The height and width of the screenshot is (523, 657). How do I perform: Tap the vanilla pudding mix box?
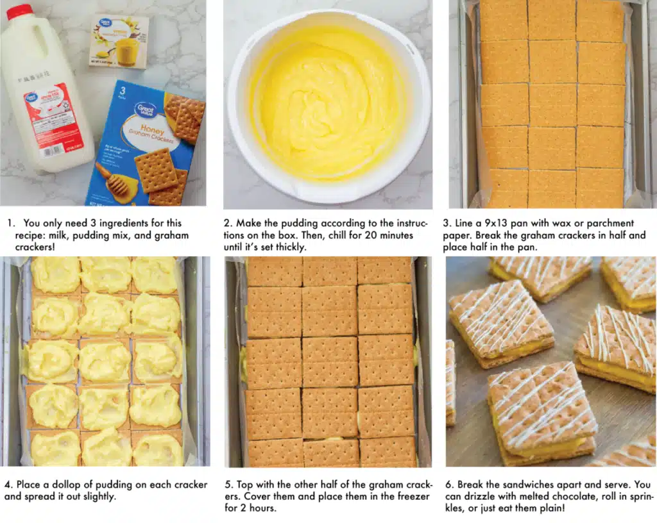click(119, 41)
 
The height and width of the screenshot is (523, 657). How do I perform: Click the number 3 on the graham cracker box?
click(123, 91)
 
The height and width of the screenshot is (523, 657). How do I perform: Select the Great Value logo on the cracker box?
click(145, 110)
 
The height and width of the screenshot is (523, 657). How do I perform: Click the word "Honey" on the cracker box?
click(152, 128)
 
